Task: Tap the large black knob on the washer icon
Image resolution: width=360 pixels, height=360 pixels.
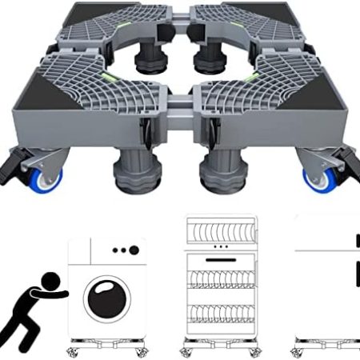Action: click(x=134, y=250)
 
